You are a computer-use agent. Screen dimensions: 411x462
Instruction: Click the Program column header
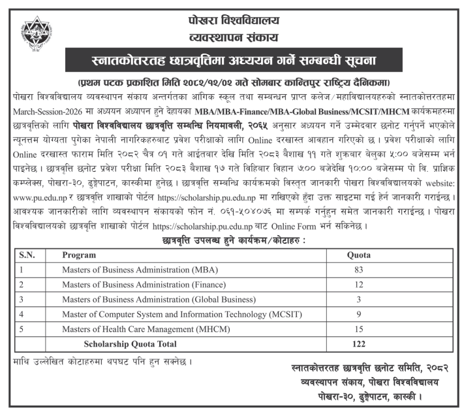pos(79,255)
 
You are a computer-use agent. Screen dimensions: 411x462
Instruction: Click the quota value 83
pos(356,269)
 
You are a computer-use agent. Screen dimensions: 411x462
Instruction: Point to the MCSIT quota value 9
pos(356,314)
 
